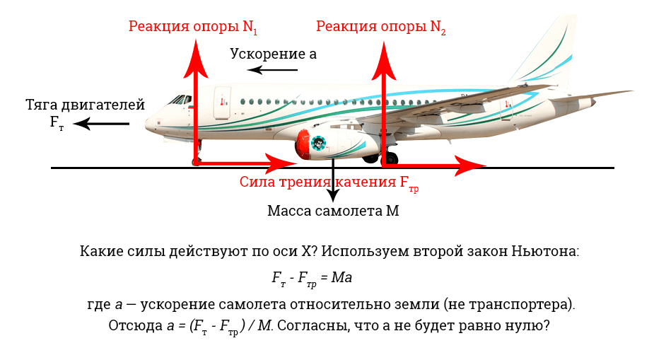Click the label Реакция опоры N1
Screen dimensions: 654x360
193,27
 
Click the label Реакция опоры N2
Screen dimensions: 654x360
381,27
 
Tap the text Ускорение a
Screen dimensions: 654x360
273,54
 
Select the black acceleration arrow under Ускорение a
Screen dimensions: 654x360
272,69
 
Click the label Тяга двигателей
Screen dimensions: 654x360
85,105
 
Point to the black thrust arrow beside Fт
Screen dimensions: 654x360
101,124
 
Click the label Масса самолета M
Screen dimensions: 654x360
333,211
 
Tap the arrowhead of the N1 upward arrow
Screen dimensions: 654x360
195,59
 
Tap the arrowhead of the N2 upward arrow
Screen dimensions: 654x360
384,61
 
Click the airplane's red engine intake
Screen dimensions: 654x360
304,144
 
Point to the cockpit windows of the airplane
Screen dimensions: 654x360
180,100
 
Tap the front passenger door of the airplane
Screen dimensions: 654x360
222,103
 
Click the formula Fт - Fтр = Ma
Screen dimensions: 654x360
312,279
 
